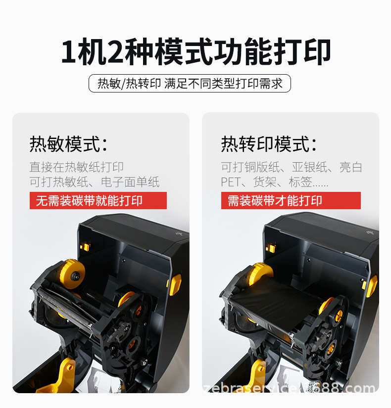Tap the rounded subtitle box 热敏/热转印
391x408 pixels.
point(190,83)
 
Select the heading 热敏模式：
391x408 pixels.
point(68,144)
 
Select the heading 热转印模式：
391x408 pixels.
point(269,144)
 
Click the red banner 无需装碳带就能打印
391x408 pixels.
point(98,200)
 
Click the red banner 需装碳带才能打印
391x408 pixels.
point(291,200)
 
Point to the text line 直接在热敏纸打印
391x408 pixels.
point(76,167)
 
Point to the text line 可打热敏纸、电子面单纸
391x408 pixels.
point(95,181)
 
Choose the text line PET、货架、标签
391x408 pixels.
point(274,181)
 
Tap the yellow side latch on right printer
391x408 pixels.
point(371,285)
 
